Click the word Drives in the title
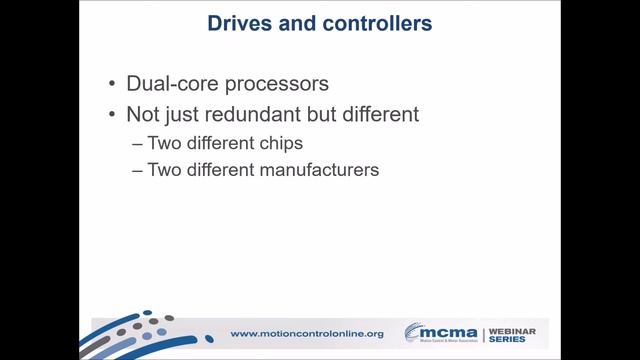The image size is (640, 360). pyautogui.click(x=237, y=21)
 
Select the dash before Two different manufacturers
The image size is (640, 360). pyautogui.click(x=137, y=170)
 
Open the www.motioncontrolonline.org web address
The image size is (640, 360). pyautogui.click(x=308, y=333)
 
